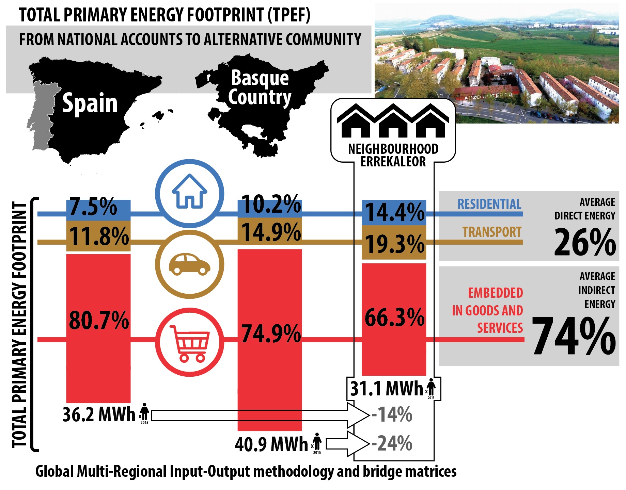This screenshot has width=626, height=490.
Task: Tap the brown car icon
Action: (189, 264)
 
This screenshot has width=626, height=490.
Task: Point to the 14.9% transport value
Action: (271, 232)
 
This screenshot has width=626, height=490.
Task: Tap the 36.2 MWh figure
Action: (99, 414)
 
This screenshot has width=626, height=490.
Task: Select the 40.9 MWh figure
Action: (271, 444)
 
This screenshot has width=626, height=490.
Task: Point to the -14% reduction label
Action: (392, 414)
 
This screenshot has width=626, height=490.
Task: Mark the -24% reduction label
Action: (392, 443)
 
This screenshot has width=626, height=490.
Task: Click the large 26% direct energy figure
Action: (584, 242)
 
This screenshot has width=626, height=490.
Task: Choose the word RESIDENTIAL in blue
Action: (489, 204)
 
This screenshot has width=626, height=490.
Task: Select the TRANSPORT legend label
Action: (491, 232)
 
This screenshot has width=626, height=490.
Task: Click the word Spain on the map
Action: (90, 103)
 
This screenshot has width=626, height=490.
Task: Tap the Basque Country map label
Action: (260, 88)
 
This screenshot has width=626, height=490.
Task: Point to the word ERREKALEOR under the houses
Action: (393, 162)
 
